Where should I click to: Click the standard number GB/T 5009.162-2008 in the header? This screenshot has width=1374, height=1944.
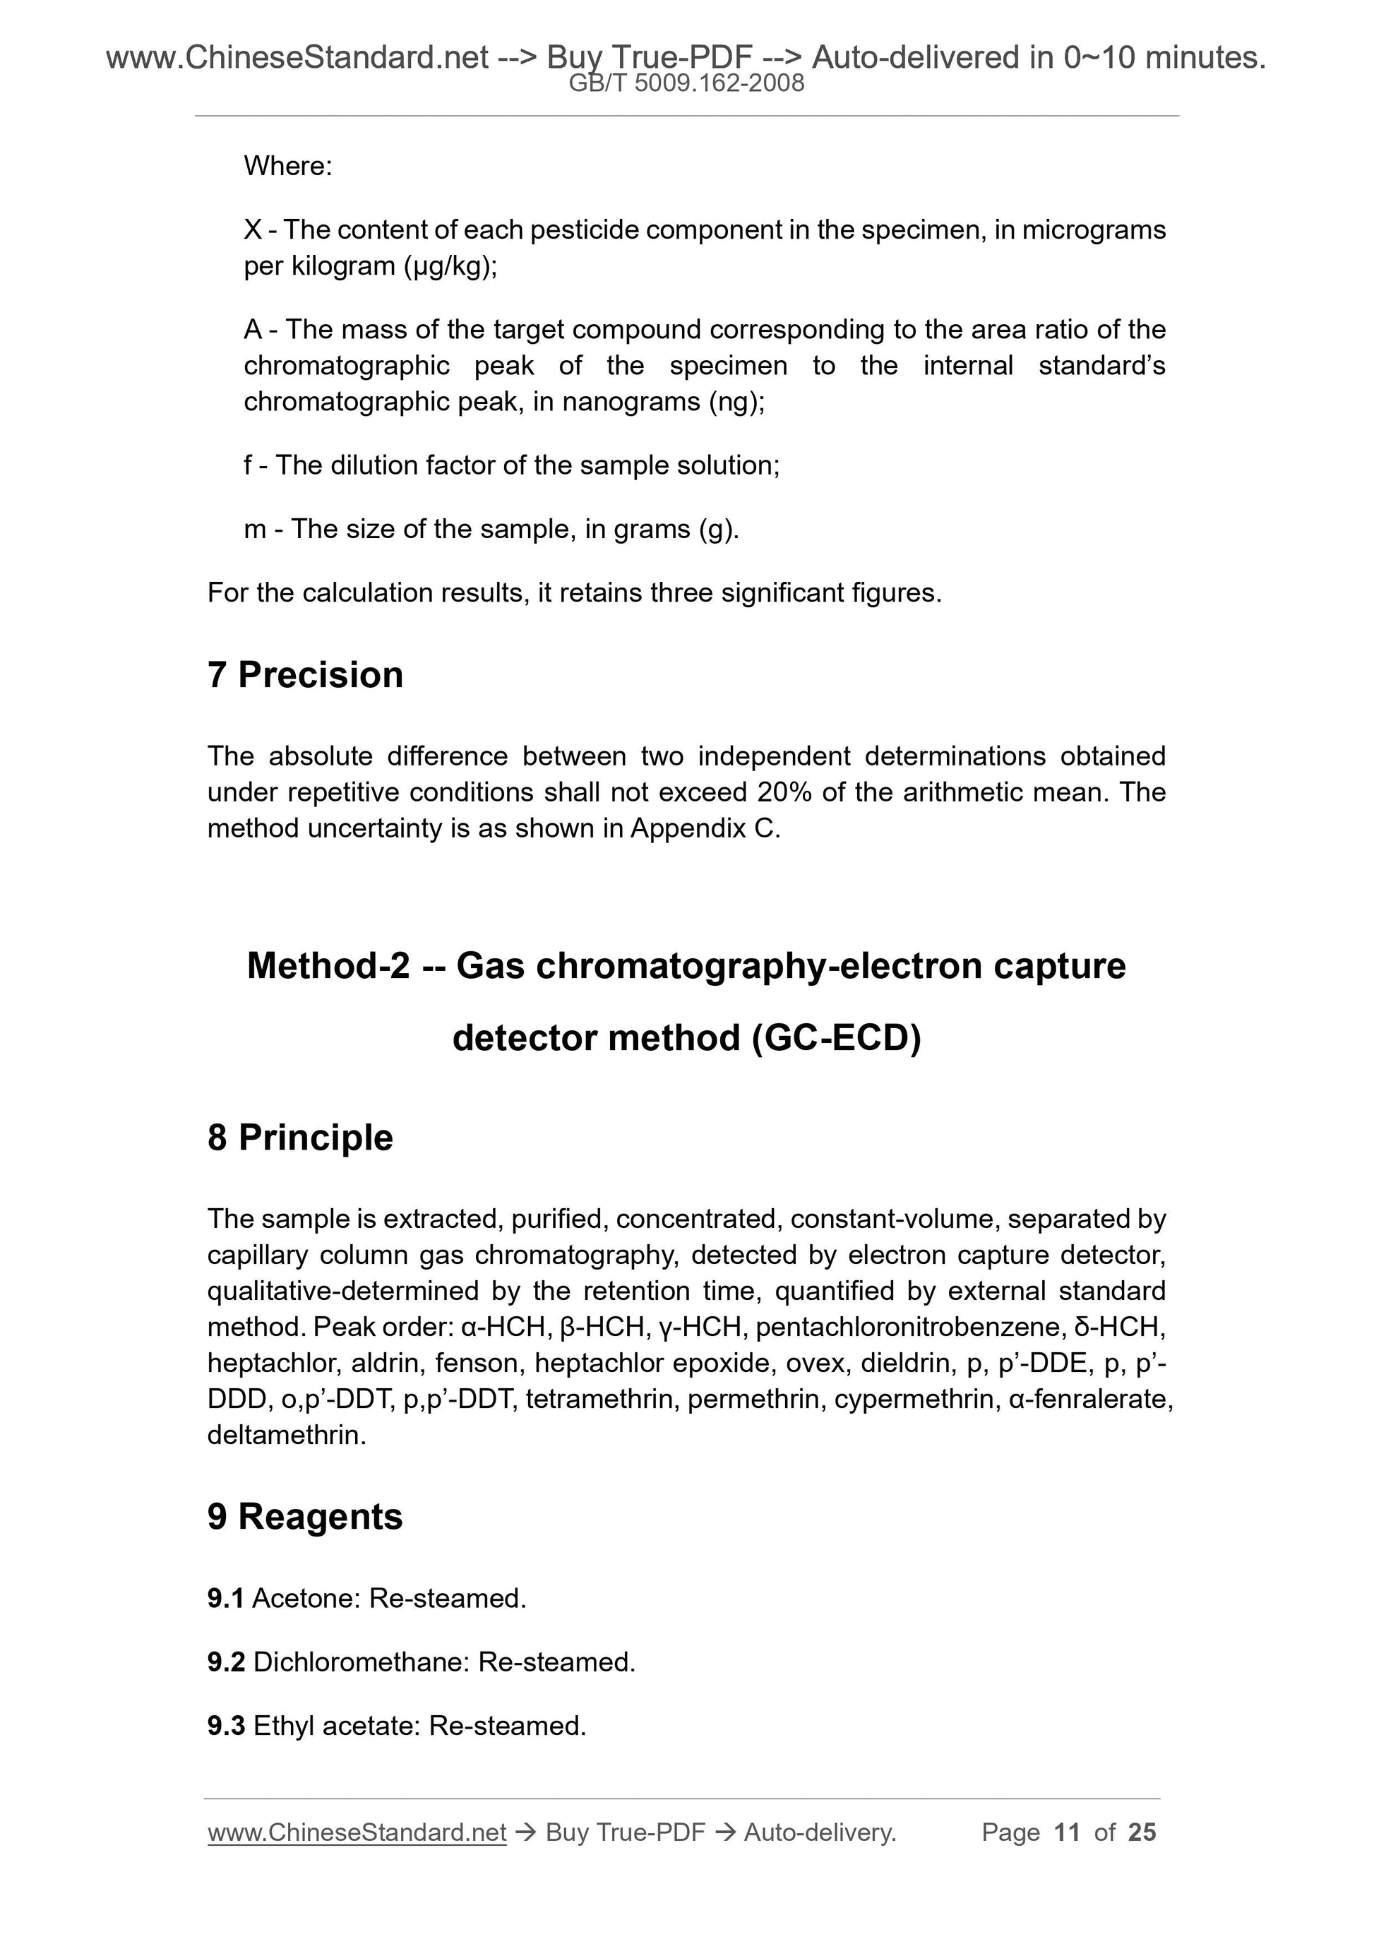coord(686,83)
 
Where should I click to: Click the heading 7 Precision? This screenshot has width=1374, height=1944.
coord(305,675)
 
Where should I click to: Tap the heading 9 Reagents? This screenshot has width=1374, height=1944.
coord(305,1515)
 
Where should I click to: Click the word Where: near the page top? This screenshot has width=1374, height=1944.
coord(288,166)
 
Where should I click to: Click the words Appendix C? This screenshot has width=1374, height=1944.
coord(703,828)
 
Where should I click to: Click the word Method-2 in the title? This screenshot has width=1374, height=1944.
coord(328,966)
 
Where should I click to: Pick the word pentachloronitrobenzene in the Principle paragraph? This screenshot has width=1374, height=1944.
coord(907,1327)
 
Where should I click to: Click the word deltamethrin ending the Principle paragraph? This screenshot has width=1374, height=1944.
coord(285,1435)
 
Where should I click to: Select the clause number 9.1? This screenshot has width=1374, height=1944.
coord(225,1599)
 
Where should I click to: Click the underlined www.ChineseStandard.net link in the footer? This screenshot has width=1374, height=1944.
coord(357,1832)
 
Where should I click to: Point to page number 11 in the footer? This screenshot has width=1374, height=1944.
coord(1067,1832)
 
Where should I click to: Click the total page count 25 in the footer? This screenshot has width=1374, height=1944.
coord(1142,1832)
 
